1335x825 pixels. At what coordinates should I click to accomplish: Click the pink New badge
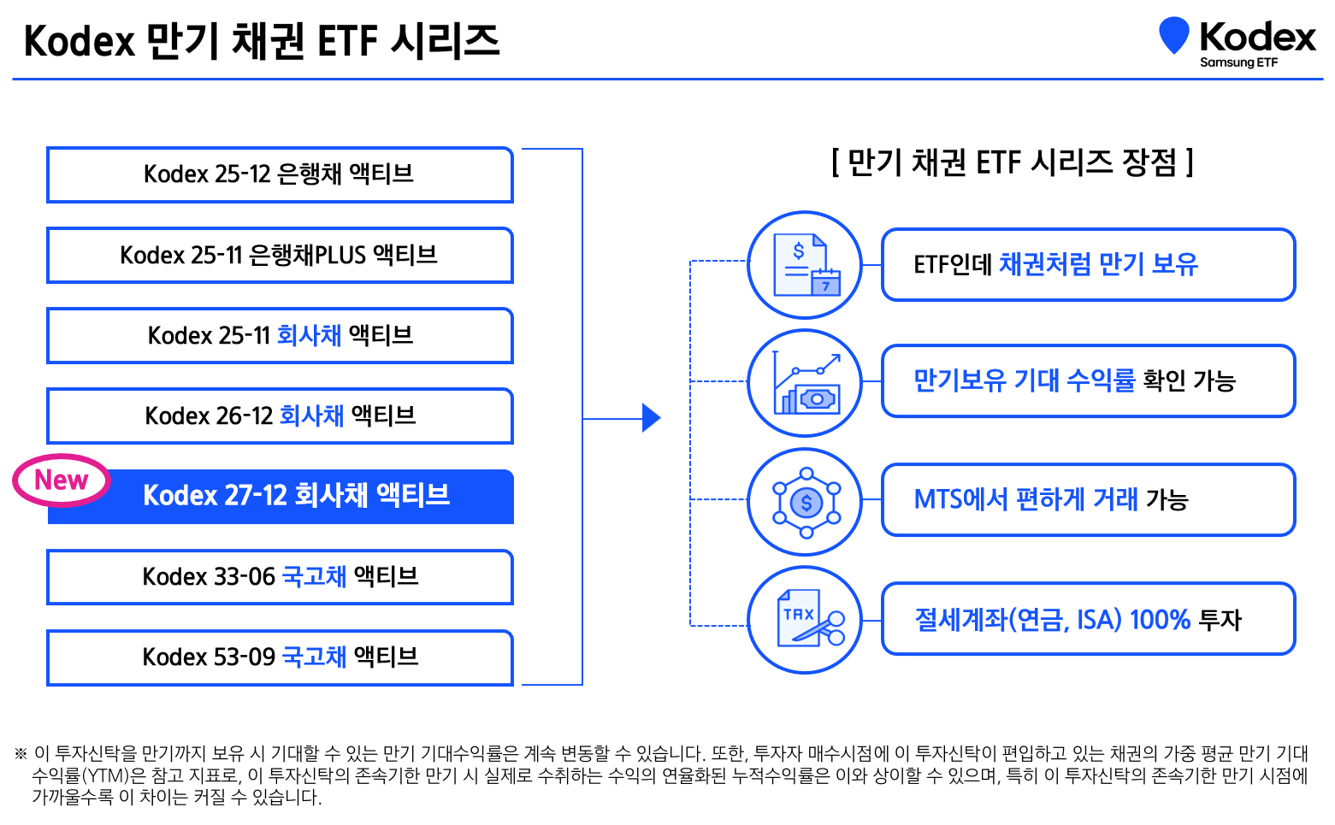62,480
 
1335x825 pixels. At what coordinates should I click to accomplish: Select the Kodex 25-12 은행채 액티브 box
280,174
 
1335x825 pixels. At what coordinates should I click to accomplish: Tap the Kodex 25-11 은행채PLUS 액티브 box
280,255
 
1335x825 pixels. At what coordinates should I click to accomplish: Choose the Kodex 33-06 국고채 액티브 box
280,577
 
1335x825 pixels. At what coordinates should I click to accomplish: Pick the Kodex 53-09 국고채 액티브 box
280,657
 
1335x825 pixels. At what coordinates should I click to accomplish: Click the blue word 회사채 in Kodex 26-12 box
311,416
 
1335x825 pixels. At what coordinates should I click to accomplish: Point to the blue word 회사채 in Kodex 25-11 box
309,335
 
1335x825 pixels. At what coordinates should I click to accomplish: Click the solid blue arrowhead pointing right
651,418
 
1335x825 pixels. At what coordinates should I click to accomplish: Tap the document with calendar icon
805,265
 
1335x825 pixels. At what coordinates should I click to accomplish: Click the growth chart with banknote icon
805,383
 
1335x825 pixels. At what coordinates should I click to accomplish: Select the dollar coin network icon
805,502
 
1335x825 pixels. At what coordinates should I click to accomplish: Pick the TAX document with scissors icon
805,620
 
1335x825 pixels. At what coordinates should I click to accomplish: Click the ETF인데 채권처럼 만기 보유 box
1088,265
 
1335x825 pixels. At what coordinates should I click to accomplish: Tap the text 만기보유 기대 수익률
1024,380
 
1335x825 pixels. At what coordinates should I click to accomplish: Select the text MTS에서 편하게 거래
1025,499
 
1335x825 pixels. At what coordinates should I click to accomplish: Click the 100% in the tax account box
1160,620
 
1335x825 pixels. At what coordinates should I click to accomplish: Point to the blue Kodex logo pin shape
1173,35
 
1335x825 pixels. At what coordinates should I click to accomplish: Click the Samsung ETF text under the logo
1238,62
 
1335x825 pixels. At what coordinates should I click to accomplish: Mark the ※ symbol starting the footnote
21,754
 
